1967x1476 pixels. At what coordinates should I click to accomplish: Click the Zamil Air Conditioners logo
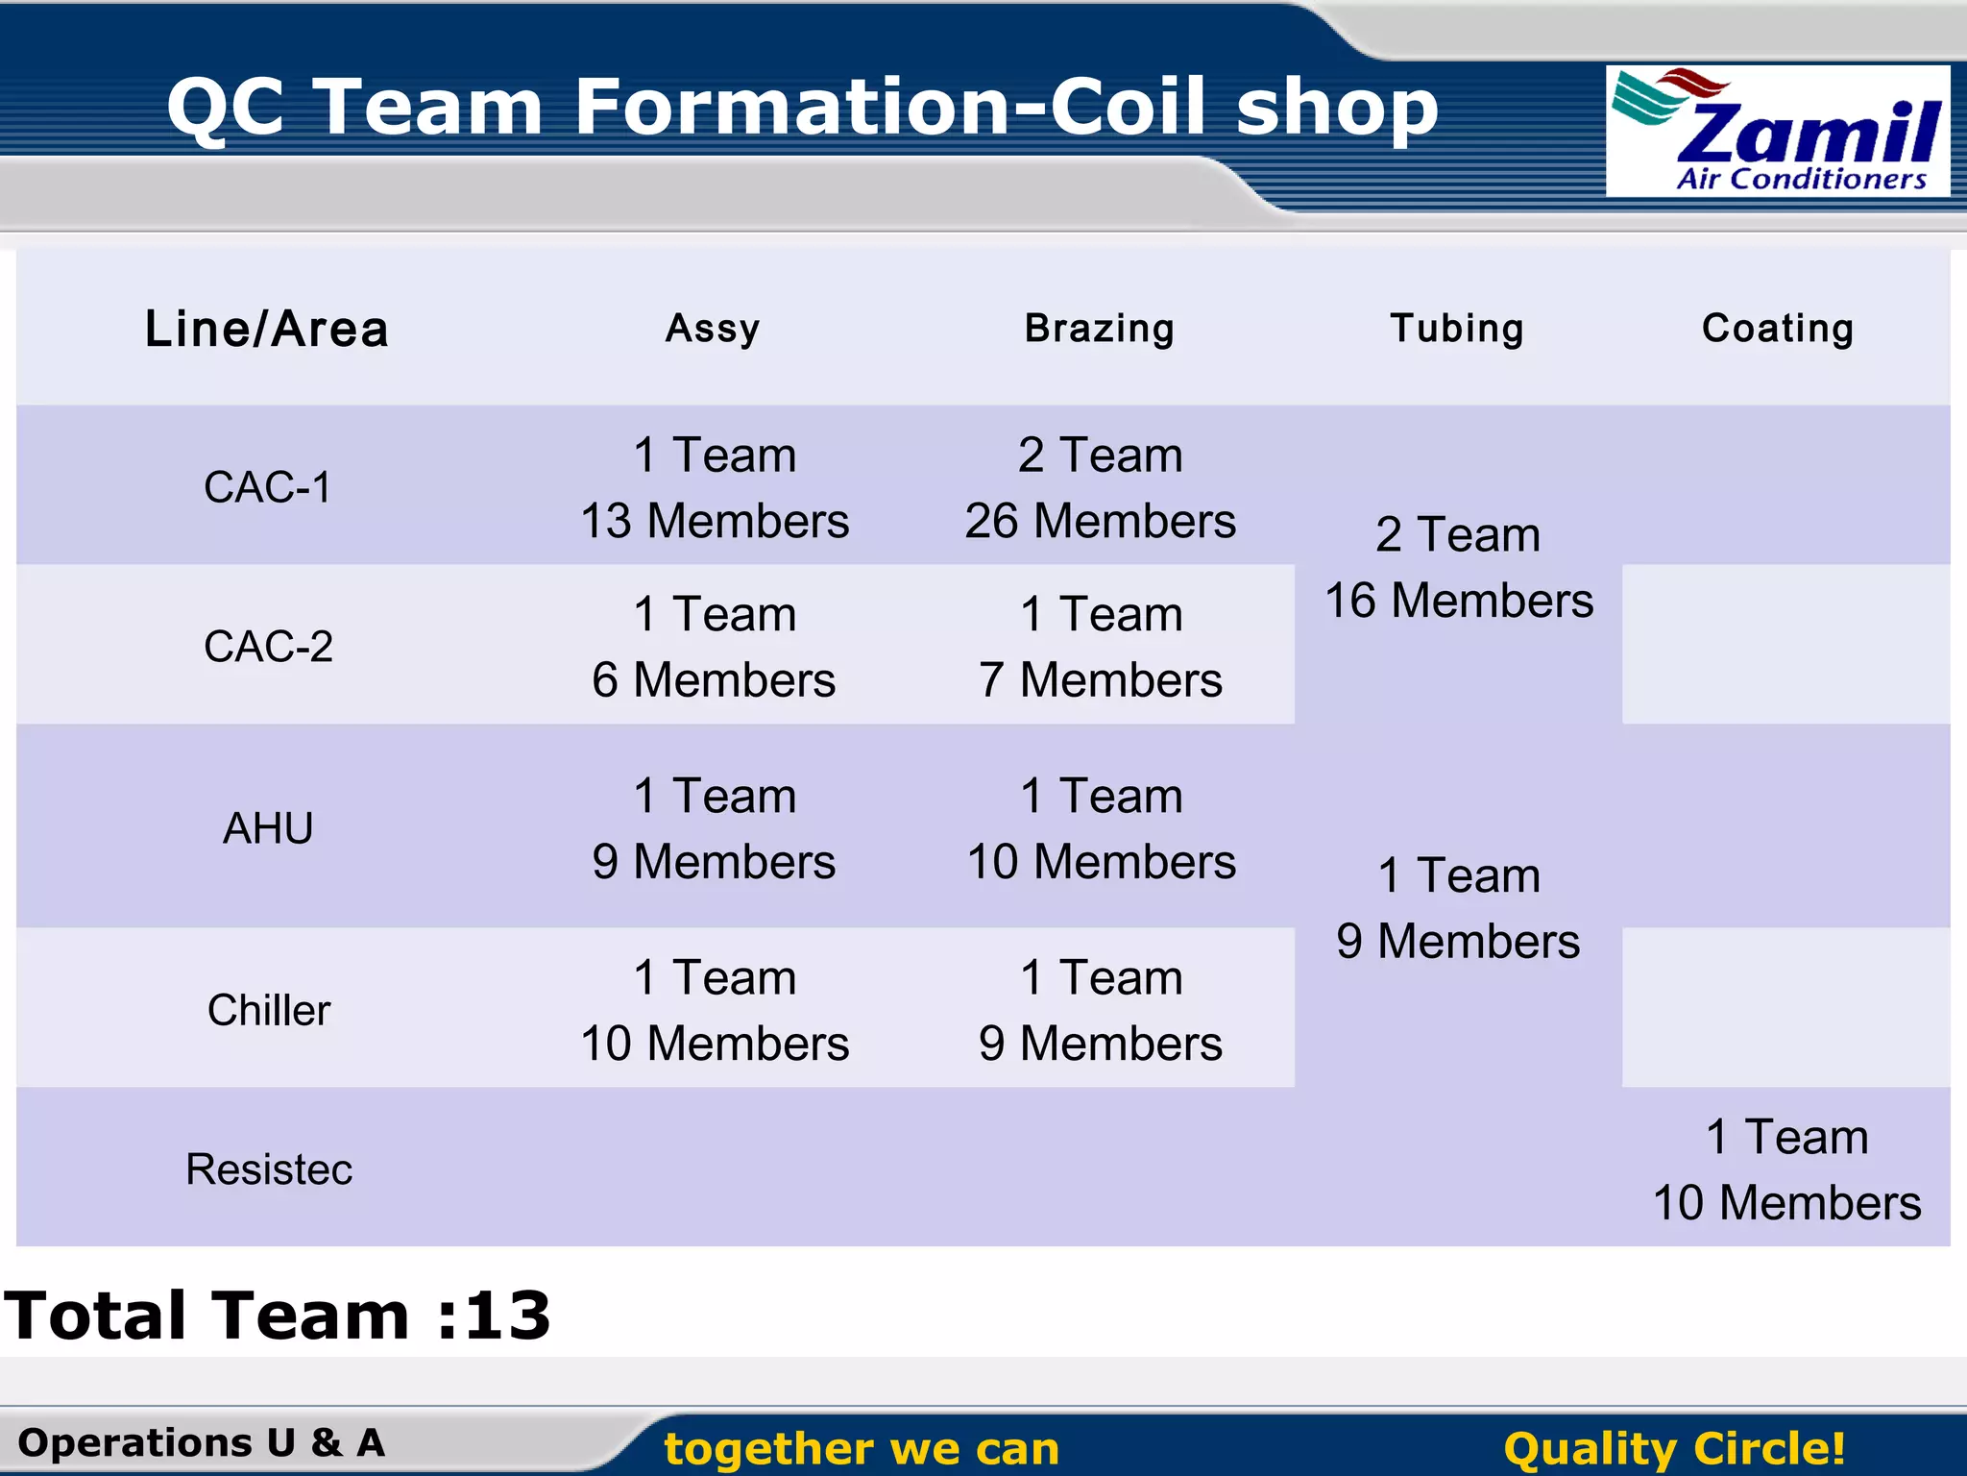click(1777, 132)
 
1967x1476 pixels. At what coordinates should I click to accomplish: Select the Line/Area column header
click(267, 329)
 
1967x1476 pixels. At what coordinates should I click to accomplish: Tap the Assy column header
click(713, 329)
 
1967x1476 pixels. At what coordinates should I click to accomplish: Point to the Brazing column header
click(1100, 329)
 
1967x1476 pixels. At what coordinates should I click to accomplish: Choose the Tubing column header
click(1457, 329)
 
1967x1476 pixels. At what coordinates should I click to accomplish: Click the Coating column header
click(1778, 329)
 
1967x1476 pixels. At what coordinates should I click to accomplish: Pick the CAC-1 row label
click(267, 487)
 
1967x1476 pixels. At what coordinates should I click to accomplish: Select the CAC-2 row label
click(268, 646)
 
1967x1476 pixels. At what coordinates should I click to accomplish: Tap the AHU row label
click(268, 828)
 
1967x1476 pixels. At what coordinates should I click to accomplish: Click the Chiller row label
click(269, 1010)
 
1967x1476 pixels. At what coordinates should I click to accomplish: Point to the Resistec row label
click(269, 1169)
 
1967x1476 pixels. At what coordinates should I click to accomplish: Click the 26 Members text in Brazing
click(1101, 521)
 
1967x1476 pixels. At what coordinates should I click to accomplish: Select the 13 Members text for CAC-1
click(715, 521)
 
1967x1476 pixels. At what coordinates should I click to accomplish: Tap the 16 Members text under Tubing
click(1459, 601)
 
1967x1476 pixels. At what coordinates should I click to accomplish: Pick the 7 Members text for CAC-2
click(1101, 680)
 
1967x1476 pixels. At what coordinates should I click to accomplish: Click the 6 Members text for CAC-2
click(714, 680)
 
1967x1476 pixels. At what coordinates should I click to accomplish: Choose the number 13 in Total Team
click(508, 1315)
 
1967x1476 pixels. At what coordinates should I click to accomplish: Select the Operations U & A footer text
click(202, 1442)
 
